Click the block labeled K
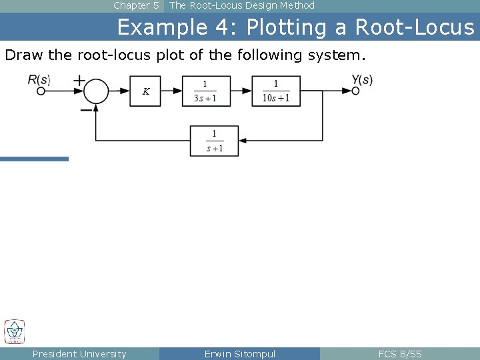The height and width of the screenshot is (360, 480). [145, 91]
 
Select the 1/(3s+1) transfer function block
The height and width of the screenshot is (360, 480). [205, 91]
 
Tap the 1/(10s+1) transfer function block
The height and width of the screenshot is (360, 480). [275, 91]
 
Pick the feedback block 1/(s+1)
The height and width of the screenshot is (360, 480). [214, 141]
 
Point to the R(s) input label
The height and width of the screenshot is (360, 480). [39, 79]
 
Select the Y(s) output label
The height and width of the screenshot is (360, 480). [362, 79]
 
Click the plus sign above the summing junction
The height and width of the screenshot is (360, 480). [79, 80]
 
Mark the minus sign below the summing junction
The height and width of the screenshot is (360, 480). [86, 110]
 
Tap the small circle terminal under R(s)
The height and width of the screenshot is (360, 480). [41, 91]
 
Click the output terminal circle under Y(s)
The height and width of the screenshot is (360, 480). [355, 91]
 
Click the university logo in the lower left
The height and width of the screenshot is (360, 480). [14, 331]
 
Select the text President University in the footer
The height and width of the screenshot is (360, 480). [79, 354]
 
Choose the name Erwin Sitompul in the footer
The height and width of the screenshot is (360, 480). [239, 354]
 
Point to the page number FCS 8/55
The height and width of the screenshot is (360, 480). [400, 354]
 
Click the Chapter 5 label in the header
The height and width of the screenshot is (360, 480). [136, 5]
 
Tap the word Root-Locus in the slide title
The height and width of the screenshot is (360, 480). [415, 27]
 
